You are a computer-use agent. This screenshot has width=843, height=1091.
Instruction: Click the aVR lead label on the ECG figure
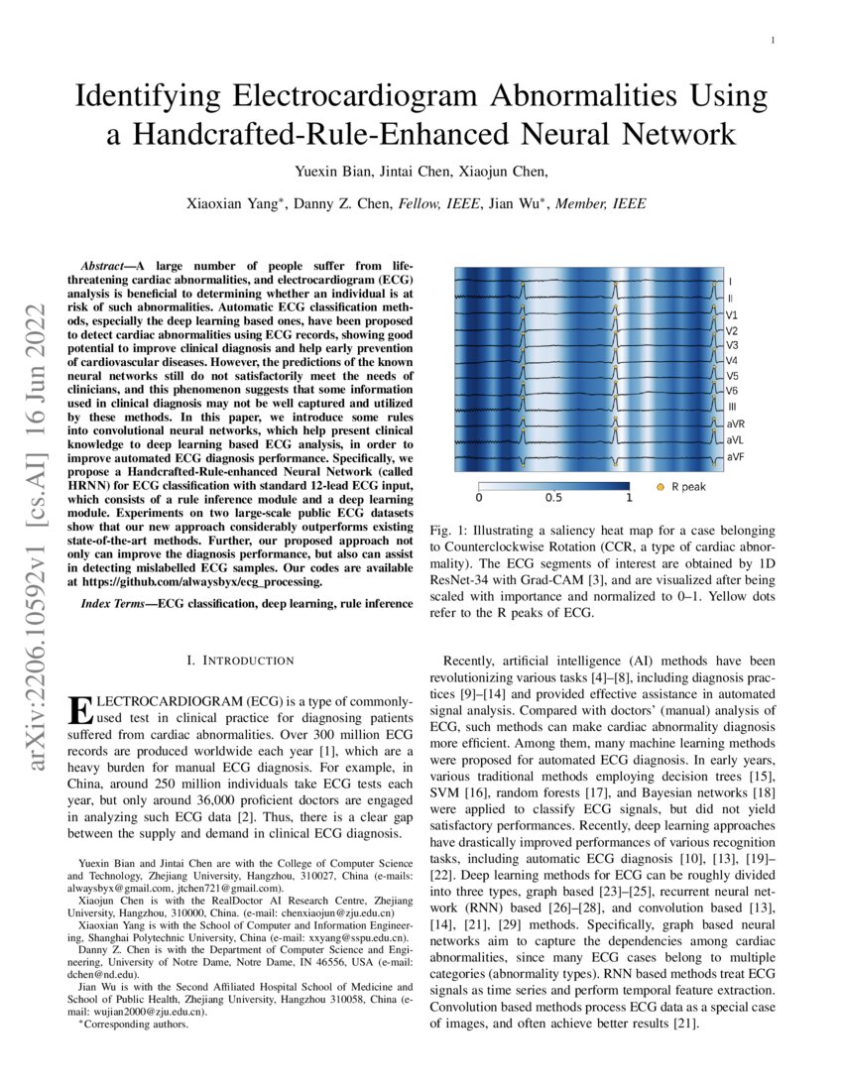point(735,424)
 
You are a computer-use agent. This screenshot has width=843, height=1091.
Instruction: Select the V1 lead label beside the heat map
point(731,314)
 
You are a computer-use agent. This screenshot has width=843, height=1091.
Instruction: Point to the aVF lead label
point(735,456)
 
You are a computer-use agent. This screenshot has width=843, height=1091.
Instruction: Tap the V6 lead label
point(731,391)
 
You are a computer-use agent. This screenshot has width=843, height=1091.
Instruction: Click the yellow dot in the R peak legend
point(661,487)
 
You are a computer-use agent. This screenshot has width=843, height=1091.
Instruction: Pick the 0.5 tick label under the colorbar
point(553,498)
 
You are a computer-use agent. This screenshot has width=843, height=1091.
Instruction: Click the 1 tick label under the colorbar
point(628,498)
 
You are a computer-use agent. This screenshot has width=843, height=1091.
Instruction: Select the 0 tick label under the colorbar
point(479,498)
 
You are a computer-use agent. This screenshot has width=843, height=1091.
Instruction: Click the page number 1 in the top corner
point(772,40)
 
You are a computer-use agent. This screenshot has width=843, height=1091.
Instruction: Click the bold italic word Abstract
point(105,267)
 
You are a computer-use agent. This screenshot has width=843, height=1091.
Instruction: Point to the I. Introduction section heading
point(240,660)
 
